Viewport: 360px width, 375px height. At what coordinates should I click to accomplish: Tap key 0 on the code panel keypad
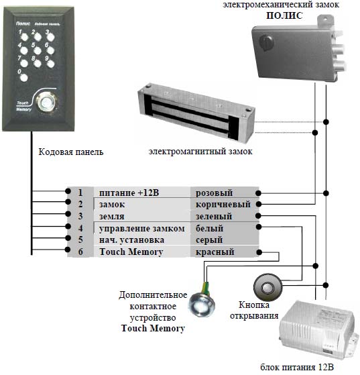point(24,78)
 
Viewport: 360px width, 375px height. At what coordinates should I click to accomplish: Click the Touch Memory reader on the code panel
point(46,103)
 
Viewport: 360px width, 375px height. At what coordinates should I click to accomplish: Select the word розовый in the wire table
point(214,193)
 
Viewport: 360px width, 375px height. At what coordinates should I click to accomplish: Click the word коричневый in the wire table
point(223,205)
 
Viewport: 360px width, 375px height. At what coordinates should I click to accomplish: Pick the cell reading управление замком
point(142,229)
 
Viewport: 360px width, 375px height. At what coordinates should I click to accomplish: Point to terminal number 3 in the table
point(80,216)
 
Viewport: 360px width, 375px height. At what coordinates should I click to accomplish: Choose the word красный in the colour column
point(215,252)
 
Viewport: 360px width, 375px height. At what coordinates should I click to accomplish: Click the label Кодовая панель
point(71,152)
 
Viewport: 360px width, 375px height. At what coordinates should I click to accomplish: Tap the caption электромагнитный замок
point(200,152)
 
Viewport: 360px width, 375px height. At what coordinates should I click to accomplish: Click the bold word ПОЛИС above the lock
point(284,15)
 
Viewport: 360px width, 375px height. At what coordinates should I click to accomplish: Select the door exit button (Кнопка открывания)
point(267,287)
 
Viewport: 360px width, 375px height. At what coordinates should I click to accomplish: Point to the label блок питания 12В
point(297,367)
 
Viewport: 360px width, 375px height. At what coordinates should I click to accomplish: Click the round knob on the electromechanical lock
point(266,42)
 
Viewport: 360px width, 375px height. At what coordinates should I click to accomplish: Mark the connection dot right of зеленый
point(258,216)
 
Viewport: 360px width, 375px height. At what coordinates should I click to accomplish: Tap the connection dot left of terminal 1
point(68,191)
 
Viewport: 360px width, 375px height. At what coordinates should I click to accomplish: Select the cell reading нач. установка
point(131,240)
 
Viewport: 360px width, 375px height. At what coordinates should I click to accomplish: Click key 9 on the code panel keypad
point(50,64)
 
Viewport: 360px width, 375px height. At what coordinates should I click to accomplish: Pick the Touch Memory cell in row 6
point(131,252)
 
